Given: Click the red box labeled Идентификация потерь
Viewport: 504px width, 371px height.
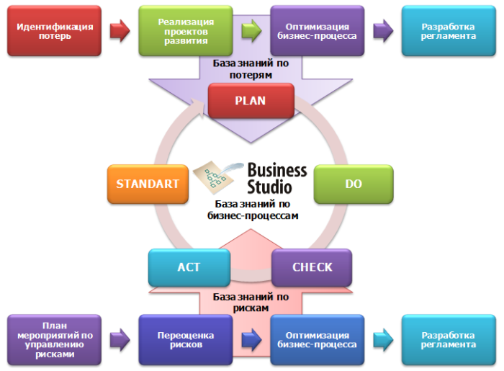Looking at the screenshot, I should (55, 31).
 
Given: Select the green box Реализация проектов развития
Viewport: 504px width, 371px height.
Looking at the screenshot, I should (182, 31).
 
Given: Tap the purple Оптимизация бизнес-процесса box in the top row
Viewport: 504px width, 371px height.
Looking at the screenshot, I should (316, 31).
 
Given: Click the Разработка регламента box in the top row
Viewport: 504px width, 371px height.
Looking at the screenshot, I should (448, 31).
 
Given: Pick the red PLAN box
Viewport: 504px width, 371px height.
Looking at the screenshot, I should (250, 101).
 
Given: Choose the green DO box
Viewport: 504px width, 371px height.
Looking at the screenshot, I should (353, 184).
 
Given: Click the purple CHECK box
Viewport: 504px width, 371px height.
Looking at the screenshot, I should (312, 267).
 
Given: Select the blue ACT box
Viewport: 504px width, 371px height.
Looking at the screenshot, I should (189, 267).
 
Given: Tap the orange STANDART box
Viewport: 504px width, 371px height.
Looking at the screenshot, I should (147, 184).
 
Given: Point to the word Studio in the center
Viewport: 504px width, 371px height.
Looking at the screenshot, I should (270, 186).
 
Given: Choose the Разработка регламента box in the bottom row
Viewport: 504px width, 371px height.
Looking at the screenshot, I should (448, 340).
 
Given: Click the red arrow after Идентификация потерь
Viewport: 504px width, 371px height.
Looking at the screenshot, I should (120, 31).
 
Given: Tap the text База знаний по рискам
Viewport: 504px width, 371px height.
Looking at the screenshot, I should (251, 302).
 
